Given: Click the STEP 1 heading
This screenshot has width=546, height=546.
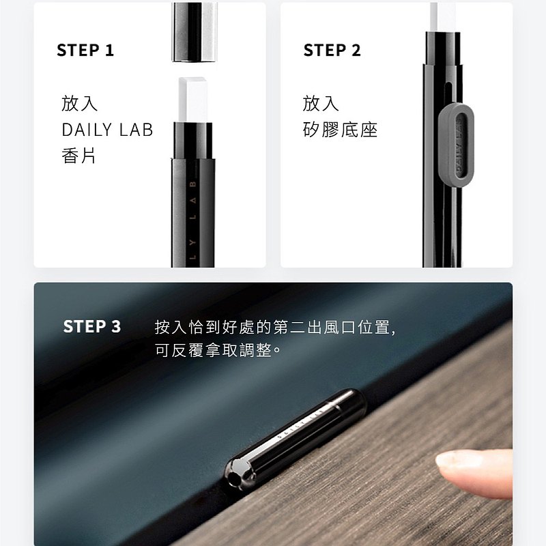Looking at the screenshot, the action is click(85, 50).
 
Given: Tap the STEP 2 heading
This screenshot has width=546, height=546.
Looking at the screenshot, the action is click(332, 50).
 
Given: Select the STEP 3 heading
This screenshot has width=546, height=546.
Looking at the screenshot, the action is click(92, 327).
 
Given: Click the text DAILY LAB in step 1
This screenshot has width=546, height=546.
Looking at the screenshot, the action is click(107, 130).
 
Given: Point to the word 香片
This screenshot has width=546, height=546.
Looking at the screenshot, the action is click(78, 156).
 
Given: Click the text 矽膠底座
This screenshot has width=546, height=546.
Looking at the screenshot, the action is click(340, 130).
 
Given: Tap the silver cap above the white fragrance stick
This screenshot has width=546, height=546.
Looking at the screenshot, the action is click(194, 32).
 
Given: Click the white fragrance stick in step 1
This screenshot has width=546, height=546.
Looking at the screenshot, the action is click(192, 100).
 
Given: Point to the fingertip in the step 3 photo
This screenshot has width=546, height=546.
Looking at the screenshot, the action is click(474, 472).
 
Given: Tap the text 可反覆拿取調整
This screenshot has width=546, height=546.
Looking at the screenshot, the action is click(214, 350).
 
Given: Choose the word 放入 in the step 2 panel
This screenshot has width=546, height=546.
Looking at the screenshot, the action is click(321, 104).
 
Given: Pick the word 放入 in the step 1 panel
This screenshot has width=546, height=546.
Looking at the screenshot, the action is click(79, 104).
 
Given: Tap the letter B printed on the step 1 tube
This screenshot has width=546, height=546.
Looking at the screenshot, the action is click(193, 184).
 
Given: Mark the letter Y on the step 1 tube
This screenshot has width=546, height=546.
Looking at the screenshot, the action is click(193, 242).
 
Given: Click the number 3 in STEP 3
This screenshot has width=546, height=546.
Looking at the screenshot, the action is click(116, 327).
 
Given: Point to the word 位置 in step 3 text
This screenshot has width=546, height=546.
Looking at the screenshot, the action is click(374, 328).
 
